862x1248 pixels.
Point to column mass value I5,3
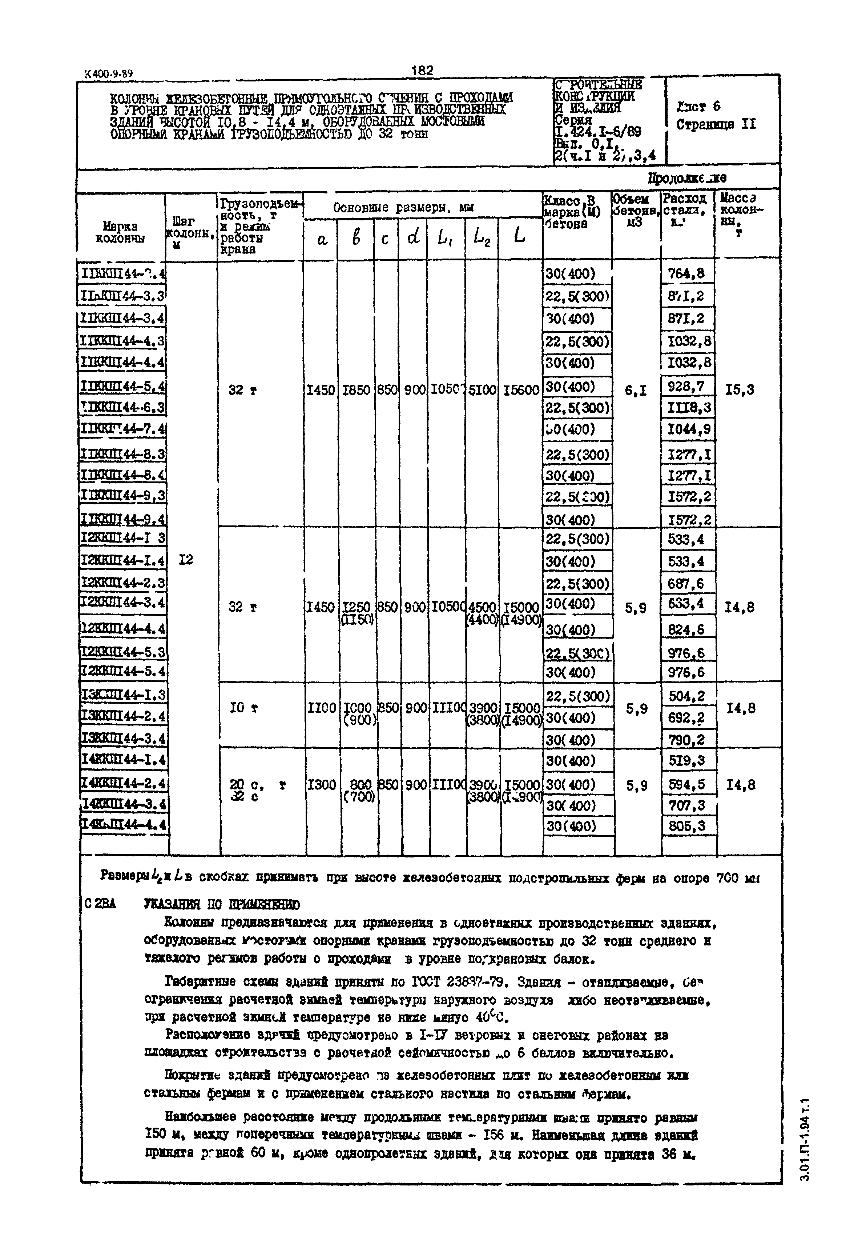click(x=740, y=390)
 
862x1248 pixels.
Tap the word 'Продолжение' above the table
click(x=687, y=178)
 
